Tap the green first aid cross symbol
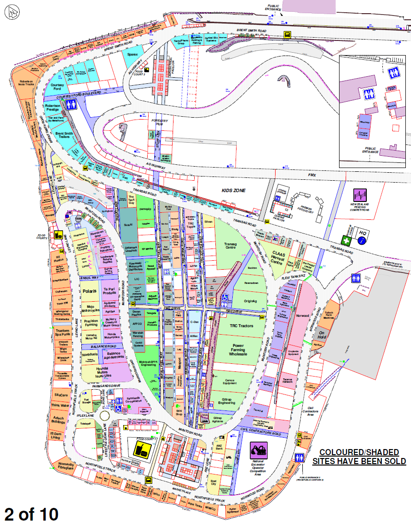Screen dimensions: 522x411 click(x=347, y=241)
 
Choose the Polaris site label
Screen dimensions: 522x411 click(x=89, y=291)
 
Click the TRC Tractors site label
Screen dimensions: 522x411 click(x=241, y=326)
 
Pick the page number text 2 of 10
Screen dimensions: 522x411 click(x=31, y=513)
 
